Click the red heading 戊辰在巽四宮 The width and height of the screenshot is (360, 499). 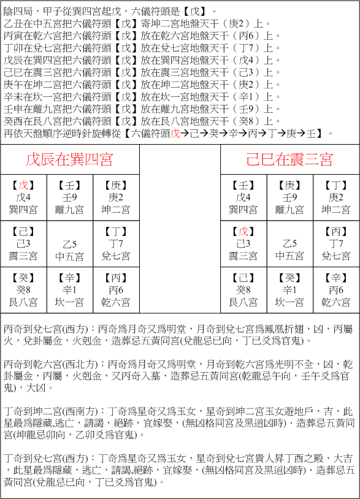coord(69,161)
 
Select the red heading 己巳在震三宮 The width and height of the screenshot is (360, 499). coord(289,161)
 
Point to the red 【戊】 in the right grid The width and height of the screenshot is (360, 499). coord(243,232)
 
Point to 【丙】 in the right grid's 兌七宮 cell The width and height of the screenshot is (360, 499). coord(336,232)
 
